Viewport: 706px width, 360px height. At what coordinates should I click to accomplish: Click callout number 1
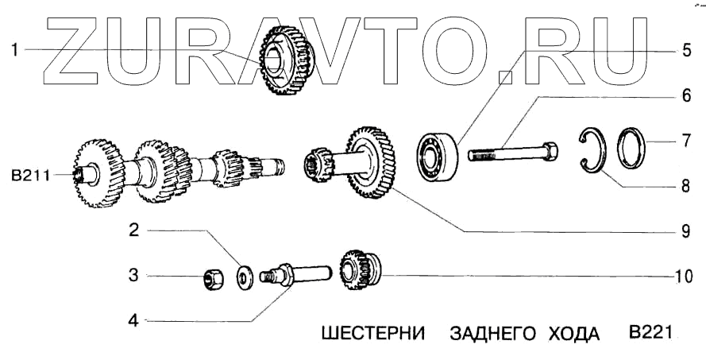15,49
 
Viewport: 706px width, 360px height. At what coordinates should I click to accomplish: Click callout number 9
686,232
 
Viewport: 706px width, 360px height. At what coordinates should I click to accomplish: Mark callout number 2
134,231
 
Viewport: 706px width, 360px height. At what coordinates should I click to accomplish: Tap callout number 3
134,276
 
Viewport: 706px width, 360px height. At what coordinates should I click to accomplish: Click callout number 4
134,321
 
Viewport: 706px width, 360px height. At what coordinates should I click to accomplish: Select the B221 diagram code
650,331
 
